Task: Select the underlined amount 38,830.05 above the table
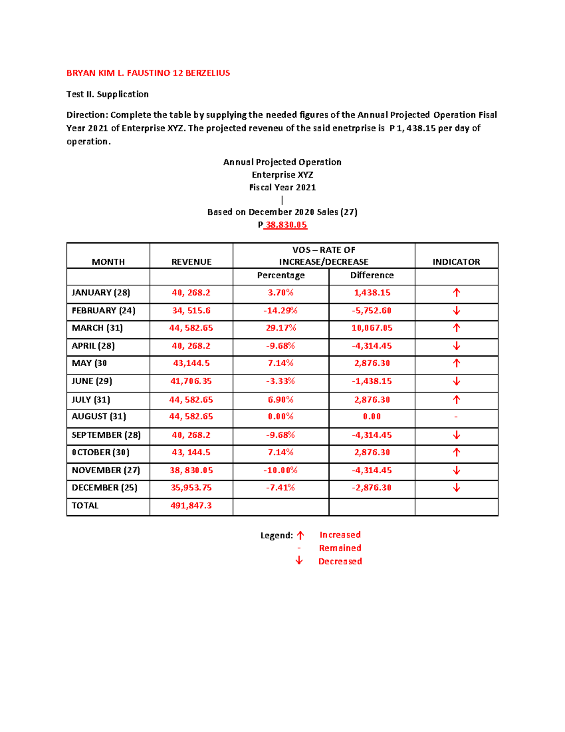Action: [286, 225]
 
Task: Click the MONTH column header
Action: [108, 262]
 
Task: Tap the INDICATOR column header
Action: [456, 262]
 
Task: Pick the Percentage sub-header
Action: [281, 275]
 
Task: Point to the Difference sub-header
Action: [372, 275]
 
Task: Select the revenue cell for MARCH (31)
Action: [191, 328]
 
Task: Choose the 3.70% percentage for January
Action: [281, 293]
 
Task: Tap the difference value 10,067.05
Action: [372, 328]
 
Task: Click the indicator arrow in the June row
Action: [456, 381]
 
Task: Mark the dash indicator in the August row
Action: [456, 417]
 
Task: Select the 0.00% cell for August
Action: [281, 417]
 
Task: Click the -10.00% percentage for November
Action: [281, 470]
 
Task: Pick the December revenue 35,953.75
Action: [191, 488]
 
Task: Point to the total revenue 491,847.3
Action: [191, 506]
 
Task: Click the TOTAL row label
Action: [85, 506]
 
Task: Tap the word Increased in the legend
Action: [340, 535]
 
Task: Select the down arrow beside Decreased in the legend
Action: [299, 560]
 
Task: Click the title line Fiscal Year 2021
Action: [282, 188]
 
